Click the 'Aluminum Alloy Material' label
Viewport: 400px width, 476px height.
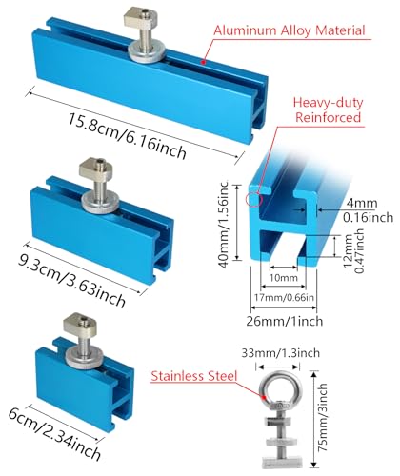(x=290, y=30)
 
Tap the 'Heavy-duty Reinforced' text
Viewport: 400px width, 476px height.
(x=328, y=109)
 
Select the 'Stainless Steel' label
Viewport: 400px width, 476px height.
(x=194, y=376)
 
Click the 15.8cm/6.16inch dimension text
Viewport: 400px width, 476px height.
(x=127, y=136)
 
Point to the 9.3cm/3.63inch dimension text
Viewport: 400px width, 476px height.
(x=71, y=281)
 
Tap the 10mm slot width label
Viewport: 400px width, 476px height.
(x=284, y=278)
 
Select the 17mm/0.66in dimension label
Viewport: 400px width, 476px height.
(x=284, y=298)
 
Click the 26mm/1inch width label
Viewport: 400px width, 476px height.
(x=285, y=321)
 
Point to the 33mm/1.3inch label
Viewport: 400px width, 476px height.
(x=281, y=353)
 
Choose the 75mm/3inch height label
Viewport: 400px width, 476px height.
(x=323, y=417)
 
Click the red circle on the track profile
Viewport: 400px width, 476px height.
(x=254, y=199)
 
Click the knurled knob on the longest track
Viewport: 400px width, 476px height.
(x=147, y=54)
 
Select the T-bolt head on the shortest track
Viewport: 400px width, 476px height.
(x=76, y=323)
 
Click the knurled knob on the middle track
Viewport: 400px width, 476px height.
(x=101, y=203)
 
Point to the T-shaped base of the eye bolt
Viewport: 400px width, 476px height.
(x=282, y=461)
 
